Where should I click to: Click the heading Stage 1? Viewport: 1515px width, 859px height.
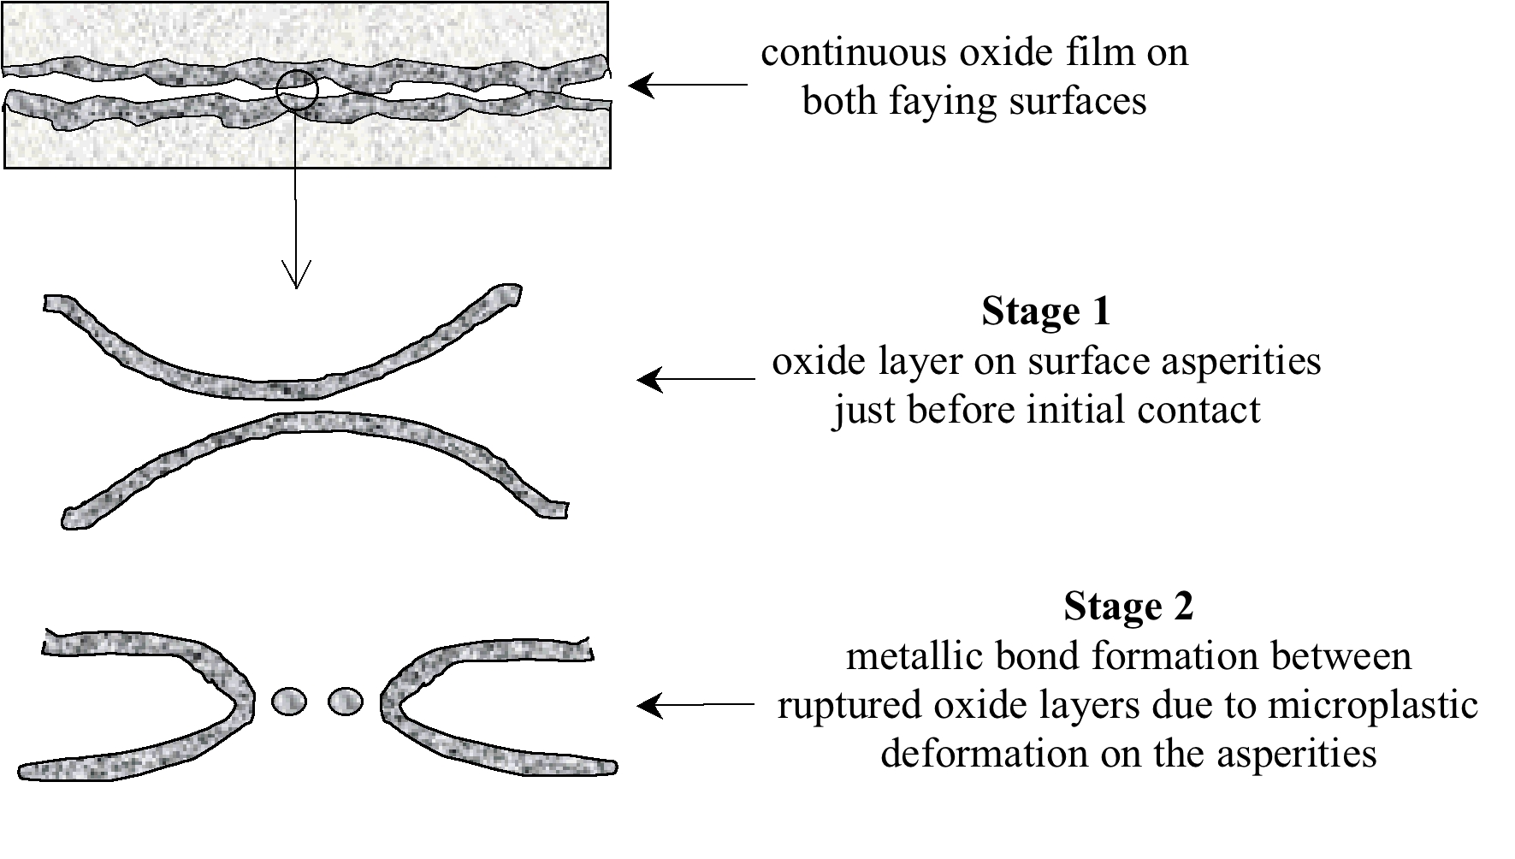[1045, 311]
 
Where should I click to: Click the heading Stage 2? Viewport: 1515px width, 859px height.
[1127, 607]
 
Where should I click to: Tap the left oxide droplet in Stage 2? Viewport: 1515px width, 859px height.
[288, 702]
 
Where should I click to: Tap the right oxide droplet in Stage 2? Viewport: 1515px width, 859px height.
[346, 702]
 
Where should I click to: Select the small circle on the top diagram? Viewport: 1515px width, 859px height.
[297, 91]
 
